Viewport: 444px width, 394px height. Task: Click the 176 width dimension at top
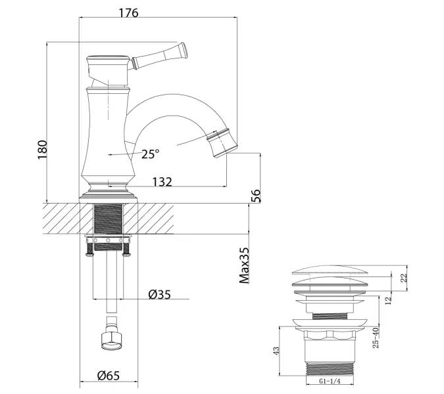pos(129,12)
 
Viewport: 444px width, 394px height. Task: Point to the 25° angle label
pos(150,154)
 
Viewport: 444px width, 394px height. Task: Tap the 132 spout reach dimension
pos(162,182)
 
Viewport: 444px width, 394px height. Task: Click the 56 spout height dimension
pos(256,195)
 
